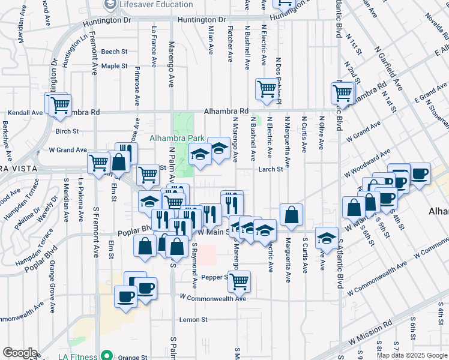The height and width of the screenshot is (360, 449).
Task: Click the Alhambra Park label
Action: pyautogui.click(x=178, y=137)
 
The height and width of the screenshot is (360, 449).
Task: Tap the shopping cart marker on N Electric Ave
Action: pyautogui.click(x=267, y=89)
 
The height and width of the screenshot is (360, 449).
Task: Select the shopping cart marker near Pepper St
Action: pyautogui.click(x=239, y=280)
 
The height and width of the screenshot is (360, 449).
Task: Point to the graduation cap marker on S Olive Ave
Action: pyautogui.click(x=327, y=239)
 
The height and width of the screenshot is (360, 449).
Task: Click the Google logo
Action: pyautogui.click(x=20, y=353)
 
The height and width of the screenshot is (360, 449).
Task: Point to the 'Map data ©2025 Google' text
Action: pyautogui.click(x=411, y=355)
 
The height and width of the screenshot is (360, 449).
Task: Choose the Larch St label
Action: pyautogui.click(x=271, y=170)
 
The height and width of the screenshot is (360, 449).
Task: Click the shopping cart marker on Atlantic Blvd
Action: pyautogui.click(x=343, y=93)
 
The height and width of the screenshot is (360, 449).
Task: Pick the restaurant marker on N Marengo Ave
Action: pyautogui.click(x=232, y=202)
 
